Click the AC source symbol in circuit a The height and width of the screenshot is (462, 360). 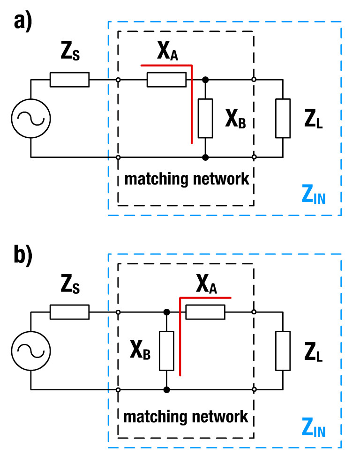coord(31,118)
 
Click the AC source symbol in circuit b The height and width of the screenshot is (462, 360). coord(31,350)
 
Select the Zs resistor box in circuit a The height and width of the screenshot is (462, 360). coord(69,80)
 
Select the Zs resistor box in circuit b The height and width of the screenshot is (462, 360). coord(69,312)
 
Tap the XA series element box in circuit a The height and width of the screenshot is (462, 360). coord(166,80)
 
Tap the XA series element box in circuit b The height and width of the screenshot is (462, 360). coord(205,312)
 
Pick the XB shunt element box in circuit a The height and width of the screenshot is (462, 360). coord(205,118)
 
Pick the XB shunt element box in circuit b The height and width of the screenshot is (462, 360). coord(166,350)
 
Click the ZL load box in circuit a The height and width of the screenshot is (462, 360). coord(283,118)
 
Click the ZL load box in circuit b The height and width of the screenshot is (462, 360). coord(283,350)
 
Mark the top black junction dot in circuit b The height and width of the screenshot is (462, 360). coord(166,312)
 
